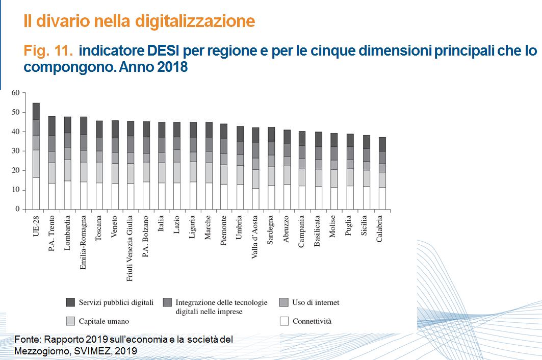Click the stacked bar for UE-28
click(x=36, y=156)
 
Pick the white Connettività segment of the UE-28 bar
click(x=36, y=193)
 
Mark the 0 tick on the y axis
click(x=17, y=209)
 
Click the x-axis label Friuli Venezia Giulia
click(x=130, y=247)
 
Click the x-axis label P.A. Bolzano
click(x=146, y=234)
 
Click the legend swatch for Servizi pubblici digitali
click(x=71, y=302)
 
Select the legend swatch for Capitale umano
click(x=71, y=321)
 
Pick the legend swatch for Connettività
click(x=285, y=321)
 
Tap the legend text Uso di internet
click(x=315, y=302)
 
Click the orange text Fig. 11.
click(x=48, y=51)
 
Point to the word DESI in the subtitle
click(x=164, y=51)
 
